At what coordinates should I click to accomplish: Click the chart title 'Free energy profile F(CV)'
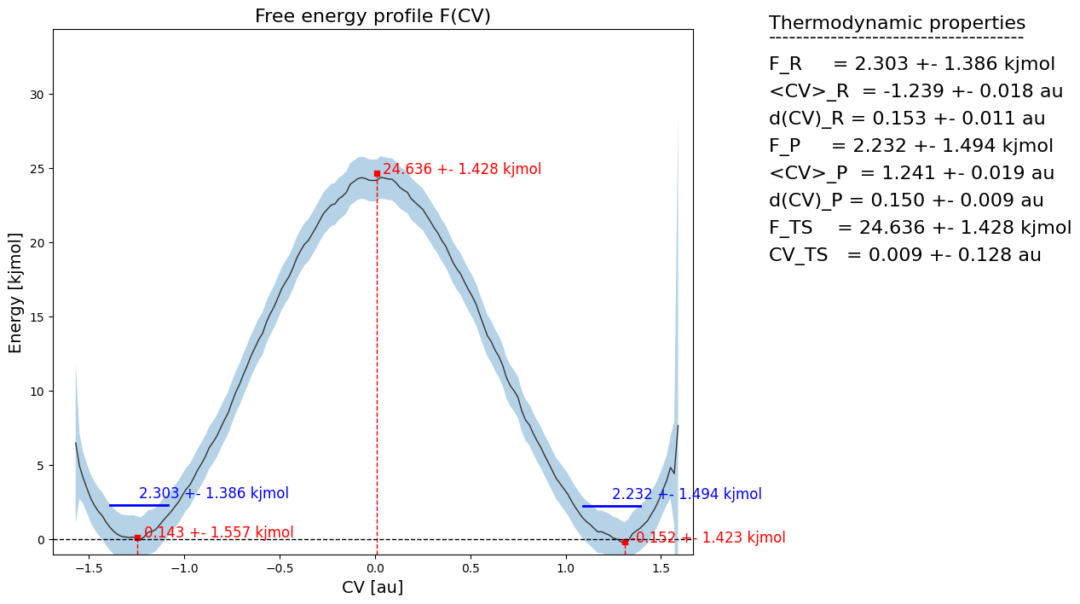pos(373,16)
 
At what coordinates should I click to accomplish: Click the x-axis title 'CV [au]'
pos(373,587)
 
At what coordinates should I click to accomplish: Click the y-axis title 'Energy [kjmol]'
pos(16,292)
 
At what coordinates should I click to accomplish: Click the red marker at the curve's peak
pos(377,173)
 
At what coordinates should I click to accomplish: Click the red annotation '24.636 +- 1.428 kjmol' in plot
pos(462,169)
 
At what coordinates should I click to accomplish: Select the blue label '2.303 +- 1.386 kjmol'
pos(214,493)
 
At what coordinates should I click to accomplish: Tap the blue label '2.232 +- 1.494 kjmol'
pos(687,494)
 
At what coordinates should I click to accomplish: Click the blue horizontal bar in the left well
pos(139,506)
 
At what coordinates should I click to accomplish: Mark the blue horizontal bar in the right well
pos(611,506)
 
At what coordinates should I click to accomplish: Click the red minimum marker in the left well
pos(137,537)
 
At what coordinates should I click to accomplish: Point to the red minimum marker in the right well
pos(625,542)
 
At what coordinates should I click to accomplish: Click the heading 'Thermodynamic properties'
pos(897,23)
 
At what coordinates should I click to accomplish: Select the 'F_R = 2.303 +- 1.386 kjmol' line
pos(911,64)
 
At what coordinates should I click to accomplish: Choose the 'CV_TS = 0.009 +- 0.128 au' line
pos(904,255)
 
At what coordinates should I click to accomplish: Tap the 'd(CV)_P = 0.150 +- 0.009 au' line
pos(906,200)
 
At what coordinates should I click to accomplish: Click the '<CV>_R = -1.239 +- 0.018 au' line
pos(915,91)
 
